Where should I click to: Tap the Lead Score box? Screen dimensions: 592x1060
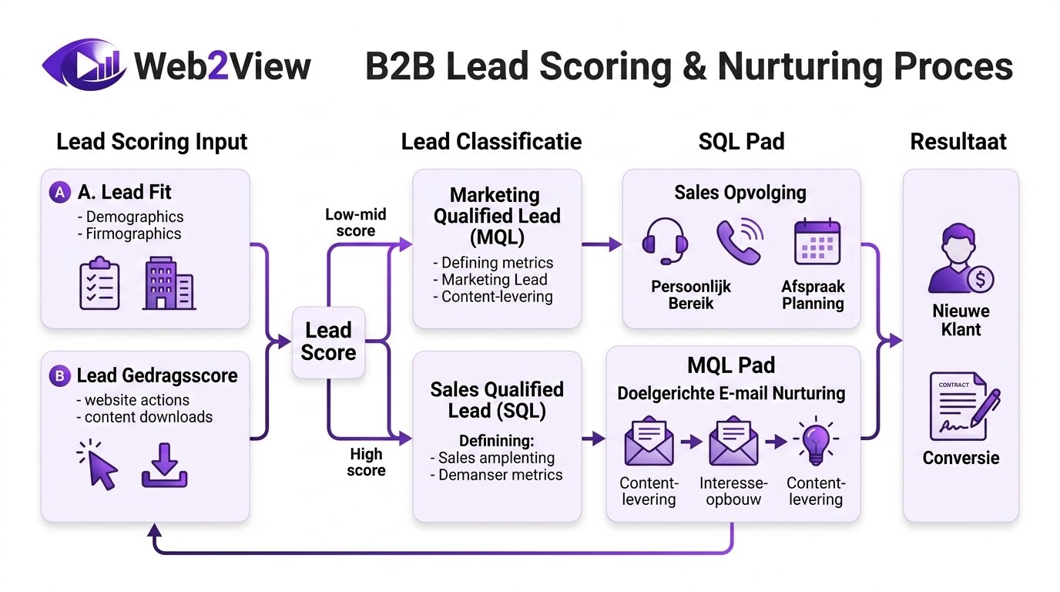pos(328,341)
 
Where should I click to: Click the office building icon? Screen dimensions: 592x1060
pos(168,283)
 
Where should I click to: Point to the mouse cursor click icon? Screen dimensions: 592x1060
pos(99,465)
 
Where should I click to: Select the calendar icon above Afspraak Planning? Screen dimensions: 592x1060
pos(816,241)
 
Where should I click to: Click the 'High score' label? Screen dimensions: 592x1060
pos(366,462)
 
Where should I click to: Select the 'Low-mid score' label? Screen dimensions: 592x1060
pos(355,222)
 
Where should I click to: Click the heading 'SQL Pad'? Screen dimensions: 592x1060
pos(741,142)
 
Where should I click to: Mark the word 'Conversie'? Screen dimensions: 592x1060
pos(961,458)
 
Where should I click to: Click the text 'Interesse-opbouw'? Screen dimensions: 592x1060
pos(733,491)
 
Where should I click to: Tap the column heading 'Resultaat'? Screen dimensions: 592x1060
pos(958,142)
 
